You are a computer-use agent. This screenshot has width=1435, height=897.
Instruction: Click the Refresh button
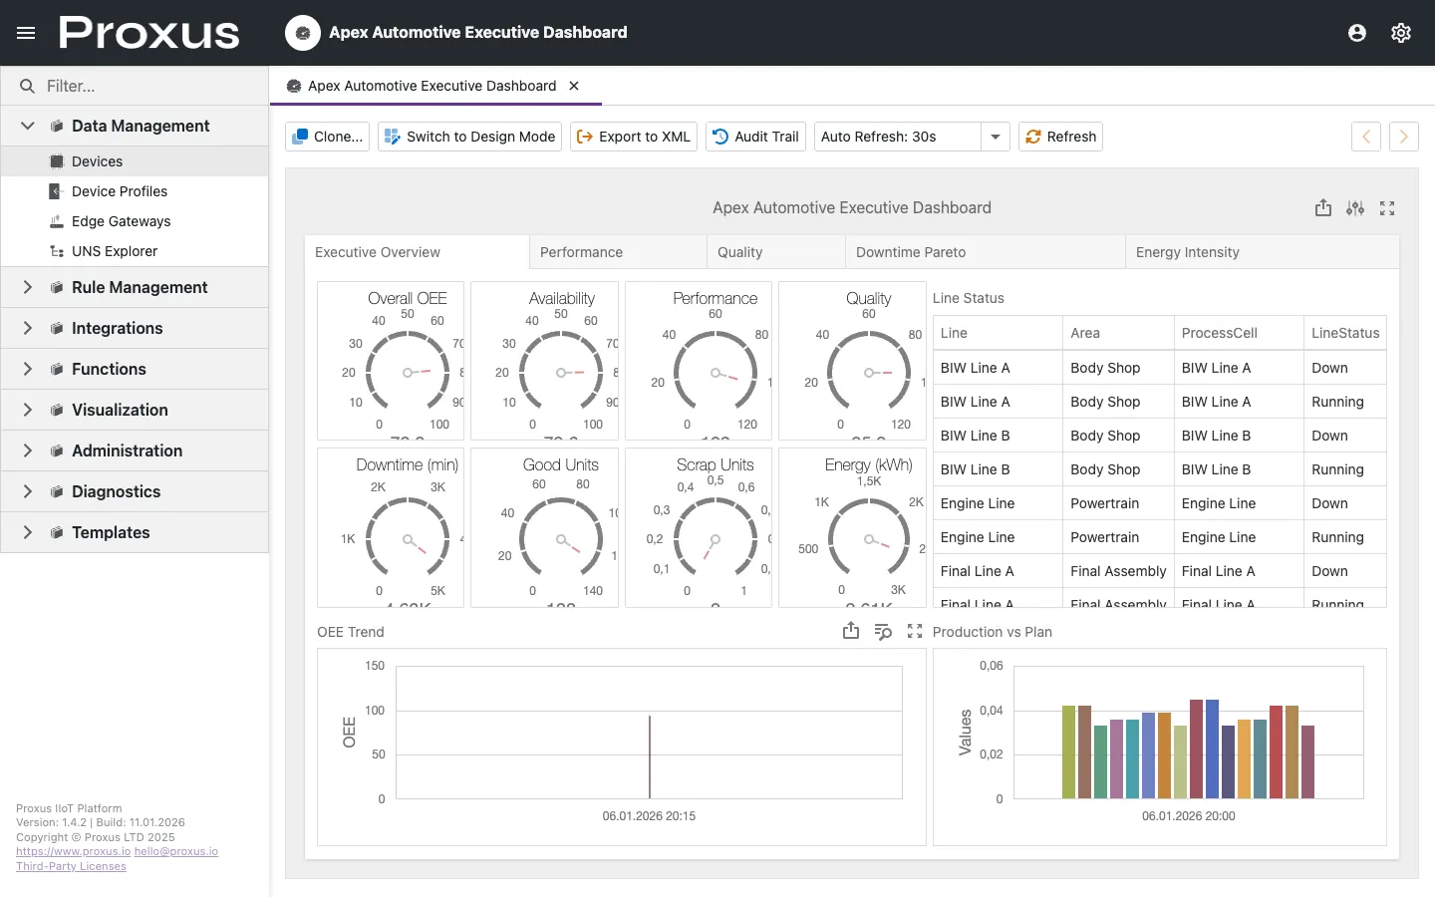click(1060, 137)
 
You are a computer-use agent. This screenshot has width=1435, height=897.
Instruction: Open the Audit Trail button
click(756, 137)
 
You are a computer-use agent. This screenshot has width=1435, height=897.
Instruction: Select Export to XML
click(633, 137)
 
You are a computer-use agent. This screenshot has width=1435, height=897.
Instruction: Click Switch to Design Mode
click(469, 137)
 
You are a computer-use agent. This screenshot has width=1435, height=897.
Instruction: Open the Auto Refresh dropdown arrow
click(995, 137)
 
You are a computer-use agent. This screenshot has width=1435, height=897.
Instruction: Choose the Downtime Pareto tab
click(910, 252)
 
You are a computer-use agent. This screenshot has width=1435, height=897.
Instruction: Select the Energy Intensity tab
click(1187, 252)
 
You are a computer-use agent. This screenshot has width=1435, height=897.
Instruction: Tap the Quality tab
click(739, 252)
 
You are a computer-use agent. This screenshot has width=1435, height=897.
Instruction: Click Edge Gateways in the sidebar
click(121, 221)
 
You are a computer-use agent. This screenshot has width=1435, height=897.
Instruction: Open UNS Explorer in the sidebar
click(114, 251)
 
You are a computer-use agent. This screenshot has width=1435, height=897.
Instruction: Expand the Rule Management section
click(28, 287)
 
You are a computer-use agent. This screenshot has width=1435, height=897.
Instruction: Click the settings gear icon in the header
click(1401, 33)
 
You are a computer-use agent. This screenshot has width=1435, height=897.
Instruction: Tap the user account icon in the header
click(1357, 33)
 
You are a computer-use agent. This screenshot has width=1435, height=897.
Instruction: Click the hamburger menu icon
click(26, 33)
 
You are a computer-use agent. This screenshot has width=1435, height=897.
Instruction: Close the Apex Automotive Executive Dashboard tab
click(574, 86)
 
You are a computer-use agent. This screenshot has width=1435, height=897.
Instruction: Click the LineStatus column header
click(1344, 333)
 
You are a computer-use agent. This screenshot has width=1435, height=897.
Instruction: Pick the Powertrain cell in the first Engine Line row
click(1104, 503)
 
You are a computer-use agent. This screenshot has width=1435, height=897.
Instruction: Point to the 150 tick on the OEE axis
click(375, 666)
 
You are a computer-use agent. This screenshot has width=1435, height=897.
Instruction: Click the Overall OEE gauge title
click(407, 298)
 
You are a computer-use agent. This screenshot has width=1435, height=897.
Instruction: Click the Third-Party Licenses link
click(71, 866)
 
